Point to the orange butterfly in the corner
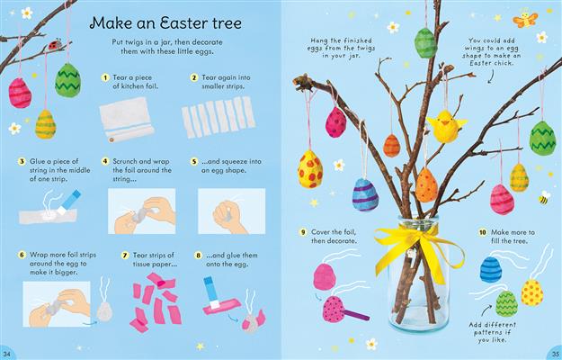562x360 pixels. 525,17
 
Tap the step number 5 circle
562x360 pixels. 193,163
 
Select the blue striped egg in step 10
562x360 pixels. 489,267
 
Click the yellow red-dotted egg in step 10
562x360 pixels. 531,292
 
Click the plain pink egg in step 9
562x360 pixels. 326,276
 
